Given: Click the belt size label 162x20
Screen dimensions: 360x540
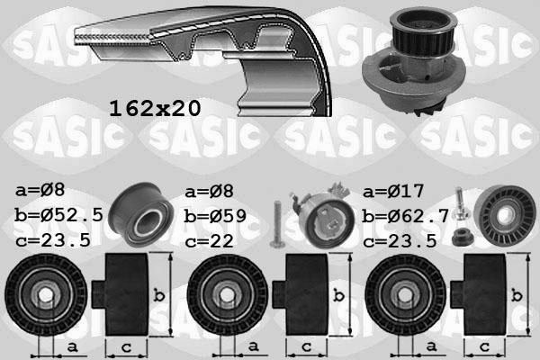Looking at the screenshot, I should [154, 108].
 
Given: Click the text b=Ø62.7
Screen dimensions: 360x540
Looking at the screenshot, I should [405, 216].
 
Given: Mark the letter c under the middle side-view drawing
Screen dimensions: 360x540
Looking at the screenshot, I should [306, 346].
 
